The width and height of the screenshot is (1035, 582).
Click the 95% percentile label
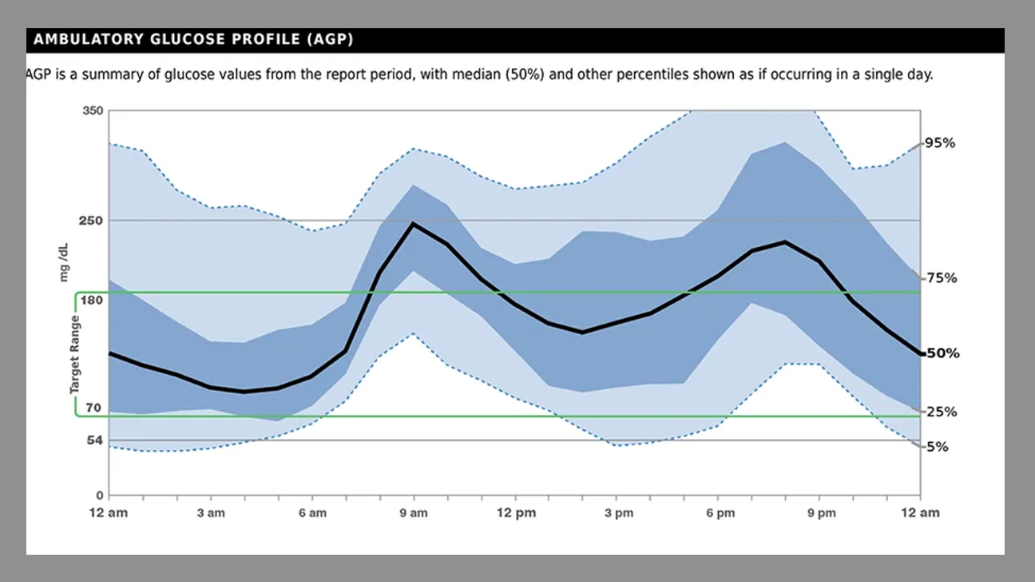(x=939, y=143)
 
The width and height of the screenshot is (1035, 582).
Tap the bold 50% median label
(x=942, y=353)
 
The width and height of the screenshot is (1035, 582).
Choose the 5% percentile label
(x=937, y=447)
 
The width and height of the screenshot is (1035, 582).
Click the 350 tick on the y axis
(x=93, y=110)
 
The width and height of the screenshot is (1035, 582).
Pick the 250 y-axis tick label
(x=93, y=220)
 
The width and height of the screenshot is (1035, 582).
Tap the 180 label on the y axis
(x=93, y=300)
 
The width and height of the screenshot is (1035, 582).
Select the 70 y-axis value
(x=93, y=408)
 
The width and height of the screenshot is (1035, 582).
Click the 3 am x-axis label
(x=211, y=513)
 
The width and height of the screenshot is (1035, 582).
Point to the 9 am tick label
(x=414, y=513)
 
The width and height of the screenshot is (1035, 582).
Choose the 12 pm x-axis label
(x=514, y=513)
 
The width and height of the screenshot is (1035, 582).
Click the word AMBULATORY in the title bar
(x=89, y=39)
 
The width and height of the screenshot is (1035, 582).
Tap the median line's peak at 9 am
(x=413, y=223)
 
